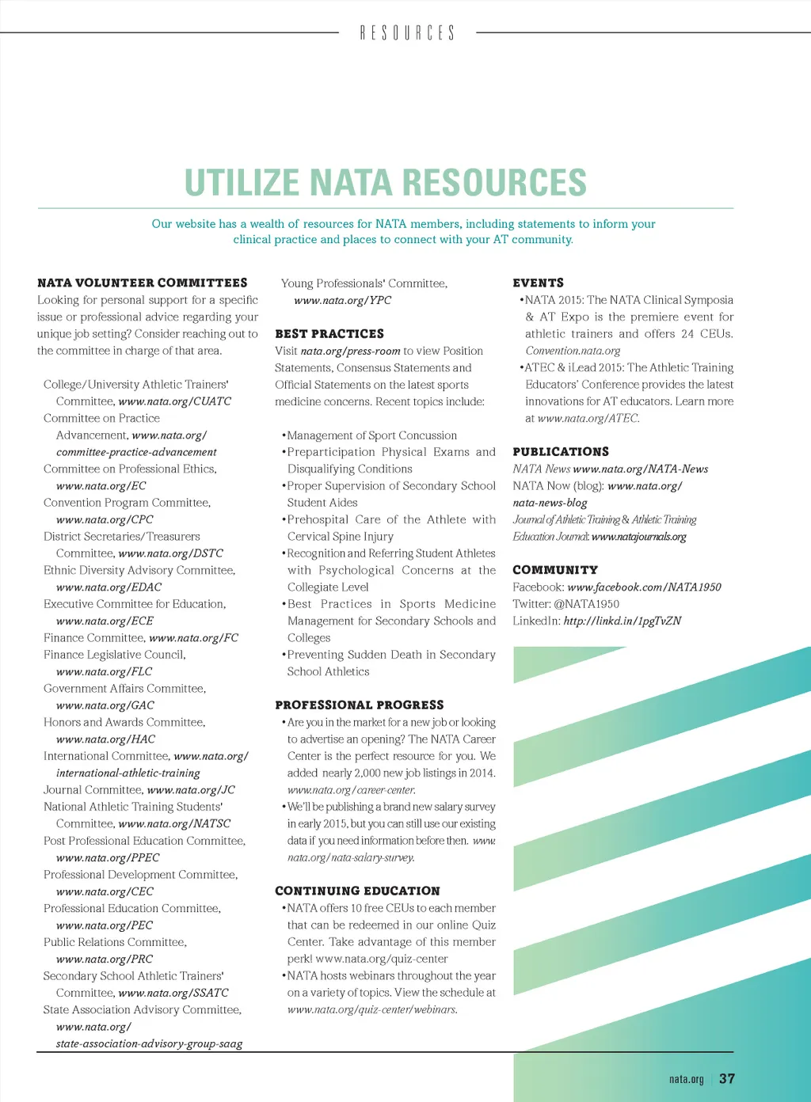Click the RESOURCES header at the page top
[x=407, y=33]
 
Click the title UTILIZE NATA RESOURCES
[x=386, y=183]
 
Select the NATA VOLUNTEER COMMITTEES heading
[x=143, y=283]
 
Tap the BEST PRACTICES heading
[x=329, y=334]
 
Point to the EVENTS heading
[x=539, y=283]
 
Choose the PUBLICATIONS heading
[x=561, y=452]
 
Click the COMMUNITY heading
[x=555, y=570]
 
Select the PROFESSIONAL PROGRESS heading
[x=360, y=705]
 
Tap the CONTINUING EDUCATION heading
[x=357, y=891]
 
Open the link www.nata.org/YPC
[x=342, y=301]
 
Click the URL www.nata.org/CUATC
[x=174, y=401]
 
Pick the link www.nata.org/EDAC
[x=109, y=587]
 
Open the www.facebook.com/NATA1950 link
[x=644, y=587]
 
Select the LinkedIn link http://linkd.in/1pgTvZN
[x=622, y=621]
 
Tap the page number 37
[x=727, y=1078]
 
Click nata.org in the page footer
[x=686, y=1079]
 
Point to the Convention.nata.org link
[x=573, y=351]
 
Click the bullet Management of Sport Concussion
[x=371, y=435]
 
